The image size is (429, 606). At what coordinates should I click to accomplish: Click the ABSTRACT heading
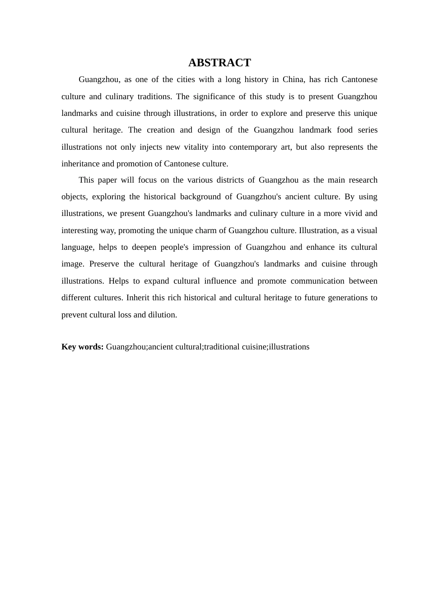tap(219, 63)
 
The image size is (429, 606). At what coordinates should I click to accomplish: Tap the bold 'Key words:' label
tap(83, 347)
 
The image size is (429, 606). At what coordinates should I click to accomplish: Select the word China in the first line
tap(293, 80)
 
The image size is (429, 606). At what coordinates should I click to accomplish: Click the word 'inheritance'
tap(81, 164)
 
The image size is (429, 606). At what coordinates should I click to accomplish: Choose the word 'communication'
tap(317, 281)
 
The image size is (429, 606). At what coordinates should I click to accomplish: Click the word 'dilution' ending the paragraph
tap(162, 315)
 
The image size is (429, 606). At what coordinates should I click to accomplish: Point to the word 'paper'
tap(107, 180)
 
